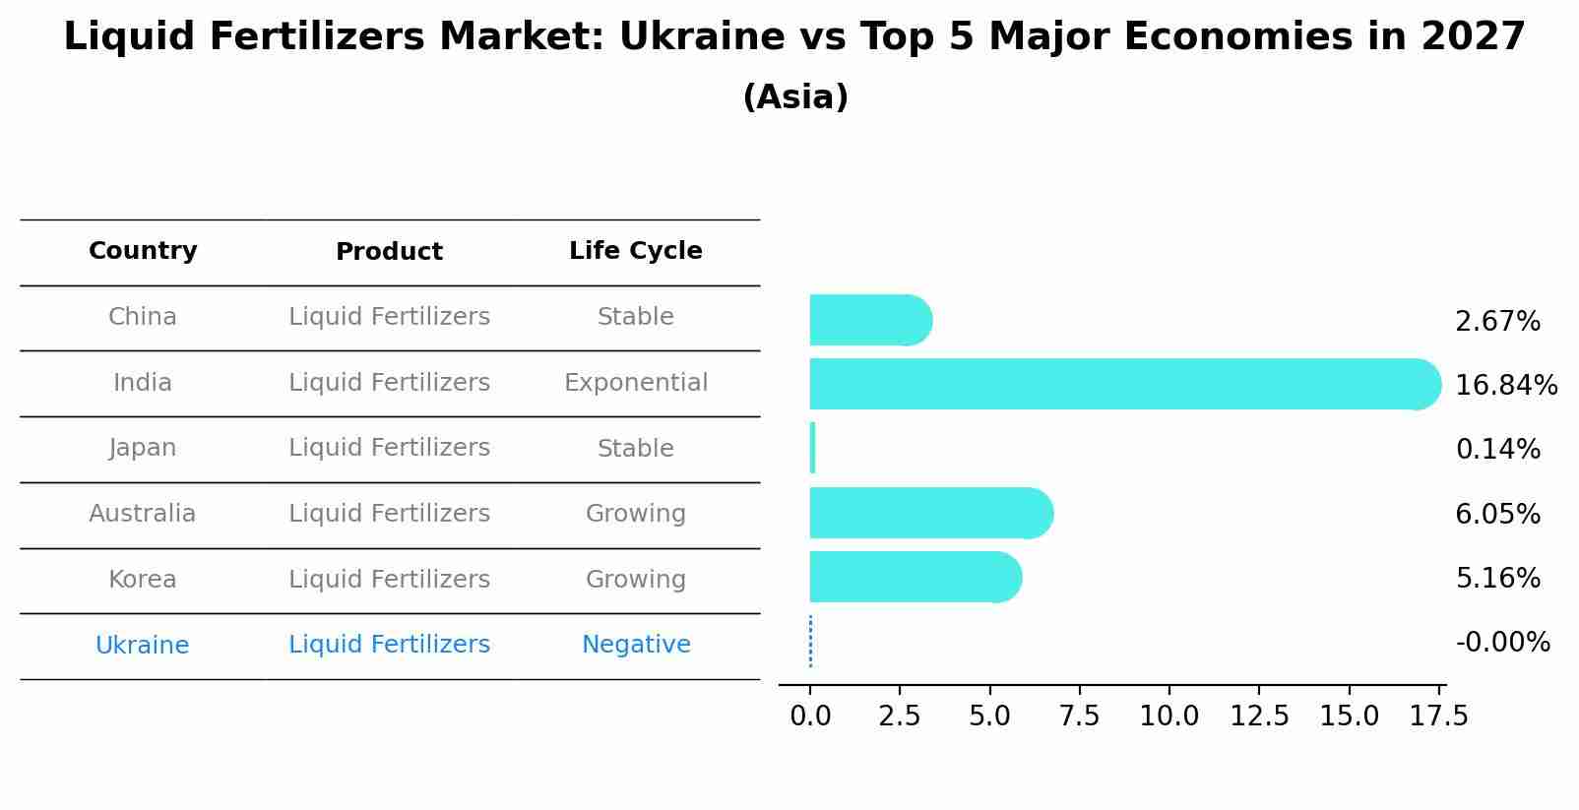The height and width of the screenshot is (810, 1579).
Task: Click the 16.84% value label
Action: (x=1505, y=386)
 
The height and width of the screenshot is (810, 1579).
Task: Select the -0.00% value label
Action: (x=1502, y=643)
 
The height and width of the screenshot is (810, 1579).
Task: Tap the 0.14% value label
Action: (x=1497, y=450)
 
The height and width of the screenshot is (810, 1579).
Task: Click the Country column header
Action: (x=143, y=251)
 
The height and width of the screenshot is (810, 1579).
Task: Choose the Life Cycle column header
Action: (x=635, y=251)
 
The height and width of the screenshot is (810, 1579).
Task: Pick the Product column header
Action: (x=389, y=252)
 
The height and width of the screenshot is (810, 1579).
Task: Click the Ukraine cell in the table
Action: (x=142, y=646)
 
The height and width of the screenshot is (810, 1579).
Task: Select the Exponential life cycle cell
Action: (x=635, y=383)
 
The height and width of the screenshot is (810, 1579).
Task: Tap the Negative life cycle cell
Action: (x=635, y=645)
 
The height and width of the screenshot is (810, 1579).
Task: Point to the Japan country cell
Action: (x=142, y=448)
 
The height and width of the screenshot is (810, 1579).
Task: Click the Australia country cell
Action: (x=142, y=514)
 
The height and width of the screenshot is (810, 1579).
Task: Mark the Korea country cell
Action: (x=142, y=580)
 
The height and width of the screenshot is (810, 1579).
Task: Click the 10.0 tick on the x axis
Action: (x=1168, y=717)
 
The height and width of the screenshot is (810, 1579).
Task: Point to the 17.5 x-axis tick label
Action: (x=1438, y=717)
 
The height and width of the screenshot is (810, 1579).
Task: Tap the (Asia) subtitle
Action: (x=794, y=97)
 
